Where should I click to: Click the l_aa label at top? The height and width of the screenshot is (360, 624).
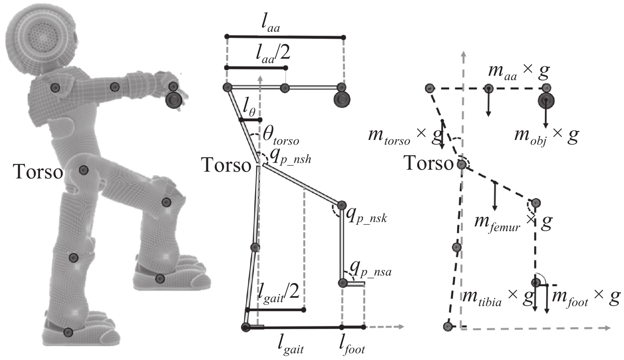(x=271, y=25)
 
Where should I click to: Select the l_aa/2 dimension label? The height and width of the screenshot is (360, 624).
(x=273, y=54)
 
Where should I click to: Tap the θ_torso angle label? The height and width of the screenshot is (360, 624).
(x=281, y=136)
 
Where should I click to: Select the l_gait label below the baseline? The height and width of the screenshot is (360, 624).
(x=291, y=346)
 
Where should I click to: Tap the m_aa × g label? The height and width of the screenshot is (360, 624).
(x=519, y=71)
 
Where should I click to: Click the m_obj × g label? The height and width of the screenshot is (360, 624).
(x=546, y=136)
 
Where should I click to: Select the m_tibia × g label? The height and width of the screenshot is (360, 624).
(x=497, y=298)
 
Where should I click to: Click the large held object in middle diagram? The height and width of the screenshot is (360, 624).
(x=342, y=100)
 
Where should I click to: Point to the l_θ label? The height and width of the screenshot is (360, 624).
(x=249, y=107)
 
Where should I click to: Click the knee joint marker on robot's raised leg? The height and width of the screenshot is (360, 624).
(x=166, y=203)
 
